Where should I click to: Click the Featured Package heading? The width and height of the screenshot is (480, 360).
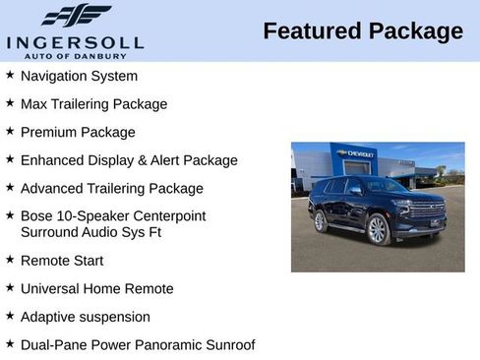[x=363, y=31]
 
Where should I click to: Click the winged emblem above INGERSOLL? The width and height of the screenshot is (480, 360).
[x=76, y=16]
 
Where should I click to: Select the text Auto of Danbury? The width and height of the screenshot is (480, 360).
[x=75, y=55]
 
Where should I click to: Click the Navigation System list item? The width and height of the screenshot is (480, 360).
[x=79, y=76]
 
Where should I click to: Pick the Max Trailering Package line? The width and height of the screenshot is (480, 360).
[x=93, y=103]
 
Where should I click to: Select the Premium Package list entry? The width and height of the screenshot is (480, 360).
[x=78, y=132]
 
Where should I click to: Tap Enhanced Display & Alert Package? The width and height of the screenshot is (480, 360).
[x=129, y=159]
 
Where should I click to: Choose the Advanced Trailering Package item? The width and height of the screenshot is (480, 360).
[x=111, y=188]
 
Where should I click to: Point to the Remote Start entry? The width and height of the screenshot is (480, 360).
[x=61, y=261]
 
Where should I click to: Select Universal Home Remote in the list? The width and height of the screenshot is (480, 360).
[x=96, y=288]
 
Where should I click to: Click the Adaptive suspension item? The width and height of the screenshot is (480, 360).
[x=85, y=317]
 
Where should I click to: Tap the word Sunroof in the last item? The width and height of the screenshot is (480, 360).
[x=228, y=344]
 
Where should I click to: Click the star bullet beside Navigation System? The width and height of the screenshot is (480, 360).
[x=10, y=75]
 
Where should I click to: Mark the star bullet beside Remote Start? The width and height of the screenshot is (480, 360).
[x=10, y=260]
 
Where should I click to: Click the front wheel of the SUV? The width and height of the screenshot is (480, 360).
[x=378, y=230]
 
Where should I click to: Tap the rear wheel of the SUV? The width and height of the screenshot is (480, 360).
[x=320, y=221]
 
